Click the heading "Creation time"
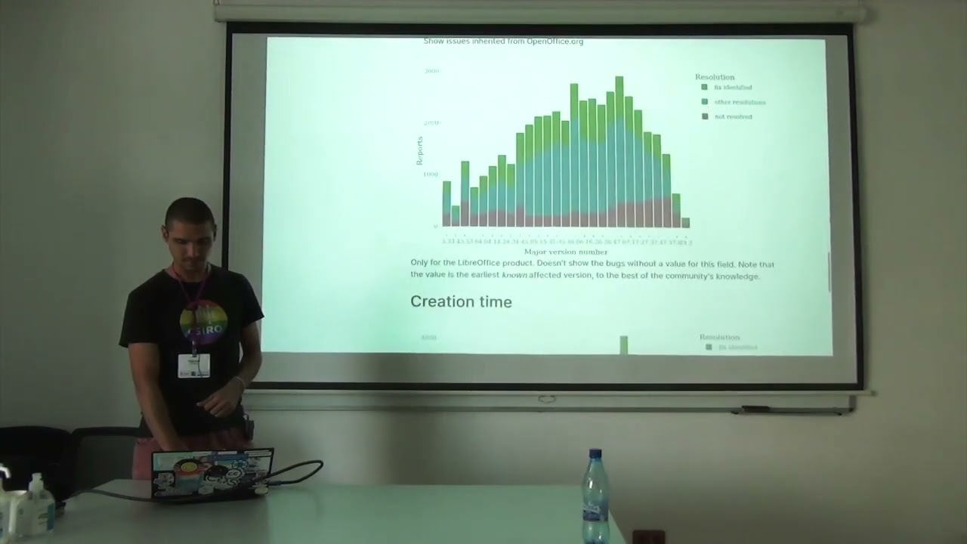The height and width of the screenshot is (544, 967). point(461,301)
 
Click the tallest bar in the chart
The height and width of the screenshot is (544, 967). point(619,151)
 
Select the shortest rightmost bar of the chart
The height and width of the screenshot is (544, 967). point(685,222)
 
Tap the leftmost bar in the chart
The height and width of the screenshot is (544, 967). point(446,204)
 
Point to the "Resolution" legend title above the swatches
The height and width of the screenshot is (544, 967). point(715,77)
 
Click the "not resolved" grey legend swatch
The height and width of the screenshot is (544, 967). point(705,116)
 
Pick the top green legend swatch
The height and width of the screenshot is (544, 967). point(705,88)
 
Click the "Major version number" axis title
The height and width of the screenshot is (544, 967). point(566,252)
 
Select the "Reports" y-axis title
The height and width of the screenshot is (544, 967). point(420,151)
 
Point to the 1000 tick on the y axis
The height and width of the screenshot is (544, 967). point(431,175)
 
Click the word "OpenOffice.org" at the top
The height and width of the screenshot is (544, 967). point(555,42)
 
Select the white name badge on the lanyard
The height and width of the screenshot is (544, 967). point(193,365)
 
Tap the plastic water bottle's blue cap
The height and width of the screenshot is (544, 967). point(595,456)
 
